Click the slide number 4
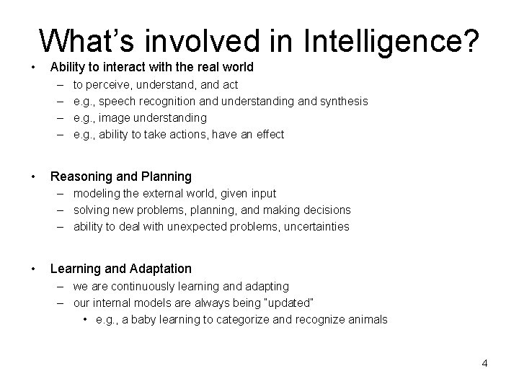(485, 363)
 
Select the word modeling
(97, 193)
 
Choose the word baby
(141, 319)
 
